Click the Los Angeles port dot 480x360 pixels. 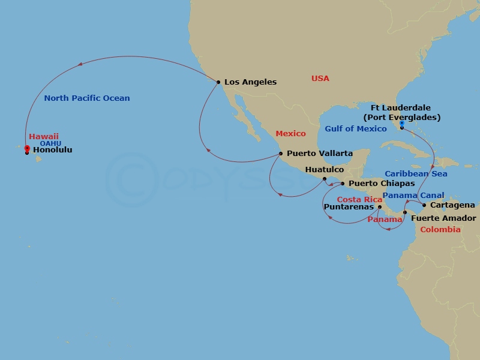click(x=218, y=82)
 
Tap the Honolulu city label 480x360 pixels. click(x=52, y=150)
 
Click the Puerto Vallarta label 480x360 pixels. click(x=319, y=154)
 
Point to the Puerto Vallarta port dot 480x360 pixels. click(x=280, y=153)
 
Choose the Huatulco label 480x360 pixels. click(x=324, y=170)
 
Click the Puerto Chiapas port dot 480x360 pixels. click(x=343, y=183)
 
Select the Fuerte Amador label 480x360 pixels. click(x=443, y=218)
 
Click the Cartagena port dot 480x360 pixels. click(x=424, y=205)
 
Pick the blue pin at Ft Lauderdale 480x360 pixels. click(x=401, y=124)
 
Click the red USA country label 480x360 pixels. click(x=320, y=79)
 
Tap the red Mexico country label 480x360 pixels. click(x=290, y=133)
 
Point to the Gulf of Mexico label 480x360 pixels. click(x=356, y=128)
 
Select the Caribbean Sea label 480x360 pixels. click(x=416, y=173)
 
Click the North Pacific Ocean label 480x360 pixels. click(x=87, y=98)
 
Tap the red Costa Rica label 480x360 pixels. click(x=359, y=199)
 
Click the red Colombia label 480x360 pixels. click(x=440, y=229)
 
